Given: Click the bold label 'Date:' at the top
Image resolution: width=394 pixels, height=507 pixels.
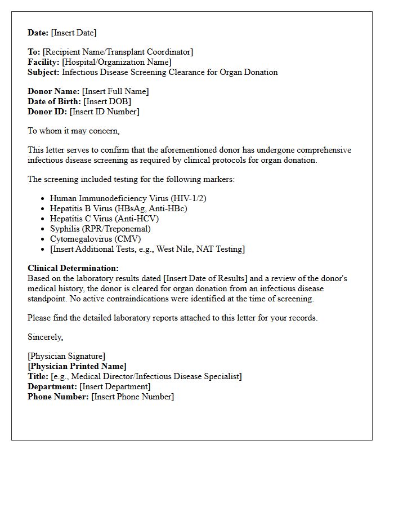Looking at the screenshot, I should [38, 33].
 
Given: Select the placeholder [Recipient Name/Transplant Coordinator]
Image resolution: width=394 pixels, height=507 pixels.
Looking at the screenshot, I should [118, 52].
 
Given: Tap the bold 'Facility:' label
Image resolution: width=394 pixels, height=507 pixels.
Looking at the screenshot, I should [44, 62].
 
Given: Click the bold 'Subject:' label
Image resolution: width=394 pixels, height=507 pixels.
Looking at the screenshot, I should [43, 72].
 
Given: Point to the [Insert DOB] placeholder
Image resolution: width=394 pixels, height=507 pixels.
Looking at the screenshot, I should [107, 101].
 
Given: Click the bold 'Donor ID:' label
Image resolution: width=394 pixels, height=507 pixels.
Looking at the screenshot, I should [47, 112].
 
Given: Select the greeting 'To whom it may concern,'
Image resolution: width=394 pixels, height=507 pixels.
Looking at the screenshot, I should [74, 131].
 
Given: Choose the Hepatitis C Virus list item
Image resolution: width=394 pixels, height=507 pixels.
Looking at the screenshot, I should [104, 219].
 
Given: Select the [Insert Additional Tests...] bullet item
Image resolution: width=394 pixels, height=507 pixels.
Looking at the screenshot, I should [147, 249].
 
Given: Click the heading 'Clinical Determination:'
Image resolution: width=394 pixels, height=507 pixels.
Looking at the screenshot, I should [73, 268].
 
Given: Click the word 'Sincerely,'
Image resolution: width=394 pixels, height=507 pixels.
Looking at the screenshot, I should [46, 337].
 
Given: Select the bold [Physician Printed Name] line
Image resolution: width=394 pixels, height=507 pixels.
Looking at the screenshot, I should [77, 366].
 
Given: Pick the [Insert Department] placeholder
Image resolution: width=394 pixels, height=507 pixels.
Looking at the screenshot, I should [115, 386].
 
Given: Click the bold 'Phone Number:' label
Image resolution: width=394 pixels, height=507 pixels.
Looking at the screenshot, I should [58, 397].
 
